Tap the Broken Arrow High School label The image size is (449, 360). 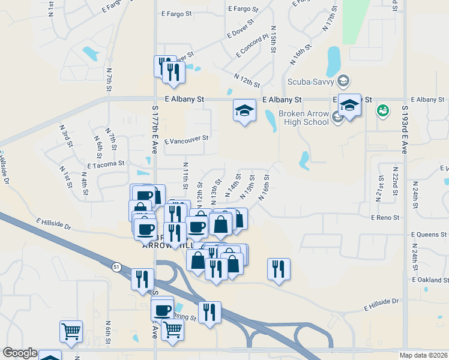click(304, 118)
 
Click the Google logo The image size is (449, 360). click(20, 353)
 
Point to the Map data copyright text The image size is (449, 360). click(424, 355)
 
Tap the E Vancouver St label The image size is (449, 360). click(186, 138)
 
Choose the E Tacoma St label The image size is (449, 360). click(105, 163)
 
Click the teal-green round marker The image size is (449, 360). click(382, 111)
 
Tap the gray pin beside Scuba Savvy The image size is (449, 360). click(343, 80)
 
